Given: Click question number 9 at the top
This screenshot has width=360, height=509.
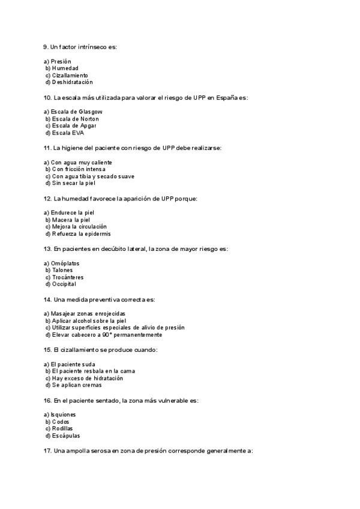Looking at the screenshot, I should tap(46, 47).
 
